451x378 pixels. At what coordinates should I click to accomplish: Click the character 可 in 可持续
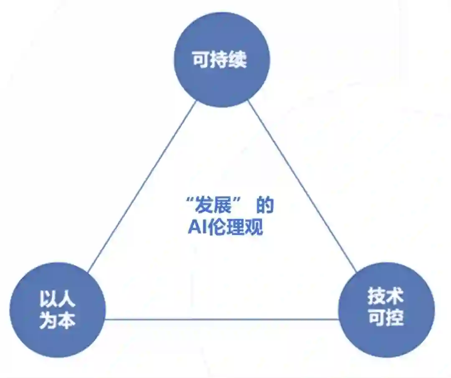click(201, 60)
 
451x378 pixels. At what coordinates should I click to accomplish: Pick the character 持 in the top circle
click(220, 60)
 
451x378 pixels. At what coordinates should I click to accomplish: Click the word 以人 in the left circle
click(58, 299)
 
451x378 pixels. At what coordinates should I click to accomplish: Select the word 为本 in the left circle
click(58, 321)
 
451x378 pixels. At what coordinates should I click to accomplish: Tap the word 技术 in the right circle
click(386, 297)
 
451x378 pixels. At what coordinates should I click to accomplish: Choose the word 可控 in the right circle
click(386, 318)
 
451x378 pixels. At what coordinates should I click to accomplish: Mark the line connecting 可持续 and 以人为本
click(142, 186)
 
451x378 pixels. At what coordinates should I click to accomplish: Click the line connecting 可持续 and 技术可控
click(303, 186)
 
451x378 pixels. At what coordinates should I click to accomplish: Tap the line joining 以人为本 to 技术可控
click(221, 320)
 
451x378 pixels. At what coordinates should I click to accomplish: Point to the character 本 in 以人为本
click(67, 321)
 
